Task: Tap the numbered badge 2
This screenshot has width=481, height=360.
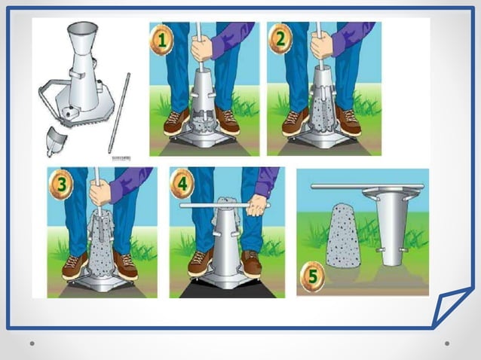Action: (x=279, y=39)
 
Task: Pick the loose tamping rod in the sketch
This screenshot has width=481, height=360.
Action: (x=119, y=113)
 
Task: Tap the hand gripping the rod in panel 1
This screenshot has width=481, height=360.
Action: (x=201, y=49)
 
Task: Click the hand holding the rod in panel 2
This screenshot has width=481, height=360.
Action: (x=322, y=47)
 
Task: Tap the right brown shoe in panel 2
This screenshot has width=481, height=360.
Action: (x=348, y=121)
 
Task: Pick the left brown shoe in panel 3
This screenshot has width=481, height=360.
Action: (x=74, y=266)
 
